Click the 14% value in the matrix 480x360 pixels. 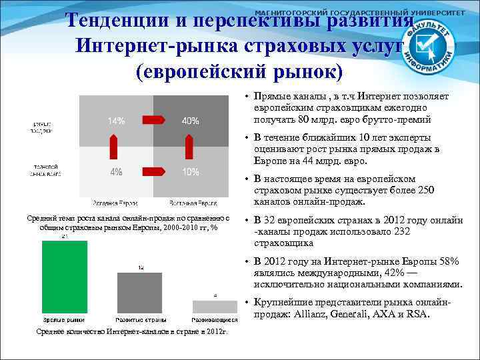[x=116, y=121]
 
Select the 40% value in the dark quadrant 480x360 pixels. [x=190, y=121]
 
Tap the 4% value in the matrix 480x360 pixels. [x=116, y=172]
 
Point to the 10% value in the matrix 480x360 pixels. [x=190, y=172]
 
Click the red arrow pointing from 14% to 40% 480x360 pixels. [x=153, y=120]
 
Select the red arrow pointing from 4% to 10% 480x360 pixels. [x=153, y=171]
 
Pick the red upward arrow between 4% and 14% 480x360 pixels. [x=114, y=145]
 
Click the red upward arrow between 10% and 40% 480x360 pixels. [x=189, y=145]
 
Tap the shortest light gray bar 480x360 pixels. [x=215, y=307]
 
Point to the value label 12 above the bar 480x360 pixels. [x=140, y=267]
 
